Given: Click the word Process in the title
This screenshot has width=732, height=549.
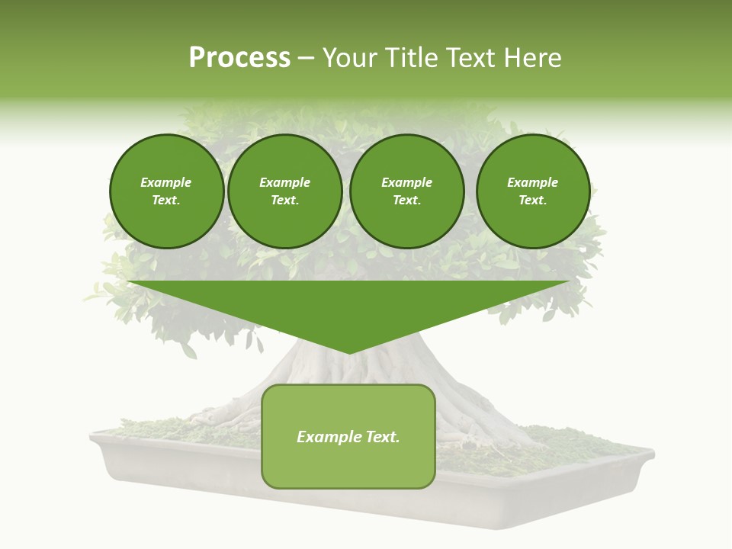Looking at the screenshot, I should coord(239,58).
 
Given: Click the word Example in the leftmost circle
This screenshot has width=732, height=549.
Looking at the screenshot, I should coord(166,182).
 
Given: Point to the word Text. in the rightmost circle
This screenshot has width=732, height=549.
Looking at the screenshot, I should coord(533,201).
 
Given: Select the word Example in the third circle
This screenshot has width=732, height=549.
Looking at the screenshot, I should coord(407,182).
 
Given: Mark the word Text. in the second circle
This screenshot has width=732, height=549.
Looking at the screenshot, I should coord(285,201).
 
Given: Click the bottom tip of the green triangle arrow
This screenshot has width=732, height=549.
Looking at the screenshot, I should coord(348,353).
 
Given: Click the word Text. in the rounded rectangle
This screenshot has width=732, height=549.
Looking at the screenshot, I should coord(382,437).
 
